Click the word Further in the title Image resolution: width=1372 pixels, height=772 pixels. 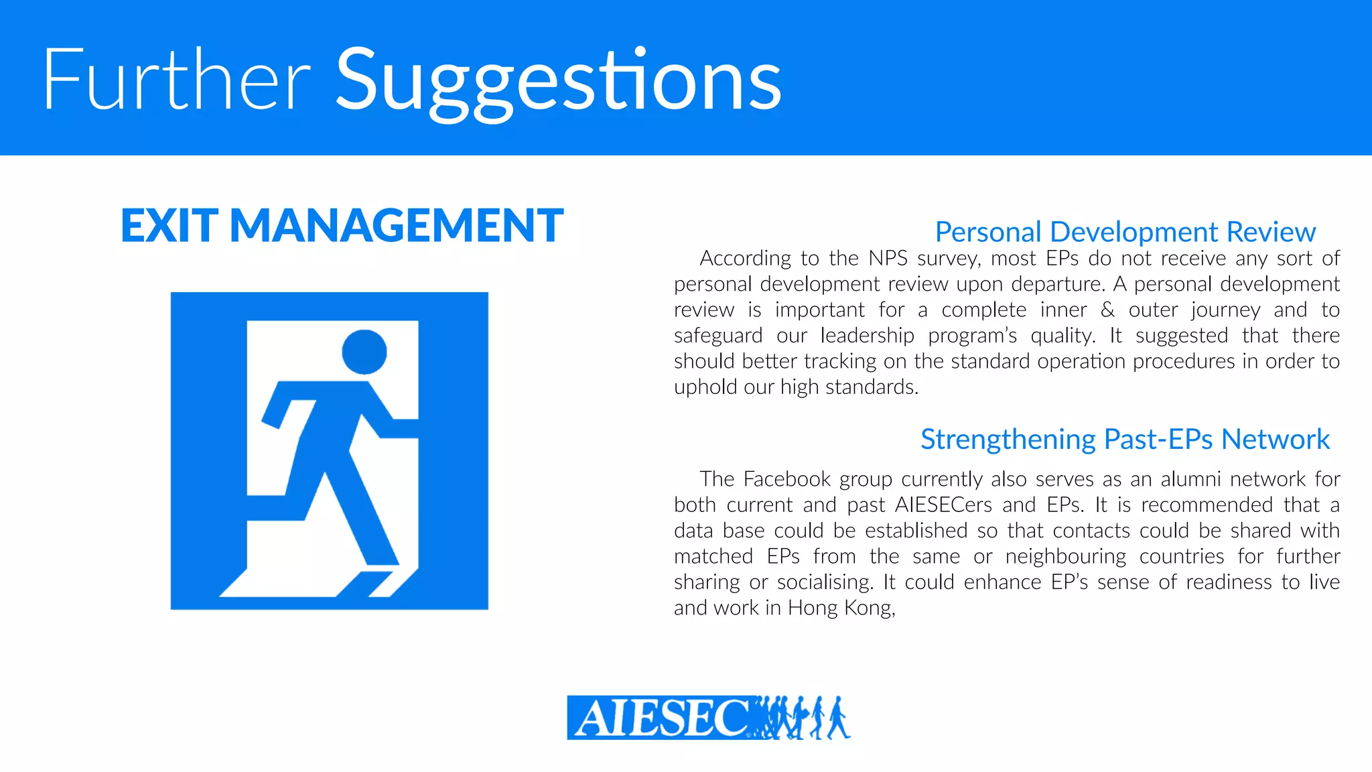(x=176, y=80)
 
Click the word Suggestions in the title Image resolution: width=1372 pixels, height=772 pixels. (x=558, y=82)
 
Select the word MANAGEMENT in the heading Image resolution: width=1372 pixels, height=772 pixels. (x=397, y=225)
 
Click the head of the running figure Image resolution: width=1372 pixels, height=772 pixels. (x=364, y=352)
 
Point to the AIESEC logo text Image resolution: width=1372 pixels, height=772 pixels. (x=660, y=718)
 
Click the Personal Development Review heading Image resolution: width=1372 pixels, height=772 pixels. (x=1125, y=232)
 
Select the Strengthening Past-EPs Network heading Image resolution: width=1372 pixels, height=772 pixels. (x=1125, y=440)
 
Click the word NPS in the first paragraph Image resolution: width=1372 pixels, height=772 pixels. (x=888, y=259)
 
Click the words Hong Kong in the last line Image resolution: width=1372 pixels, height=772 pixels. (x=841, y=608)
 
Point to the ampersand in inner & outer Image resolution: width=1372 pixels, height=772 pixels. (x=1108, y=310)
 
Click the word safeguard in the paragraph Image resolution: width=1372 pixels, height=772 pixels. (x=718, y=336)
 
